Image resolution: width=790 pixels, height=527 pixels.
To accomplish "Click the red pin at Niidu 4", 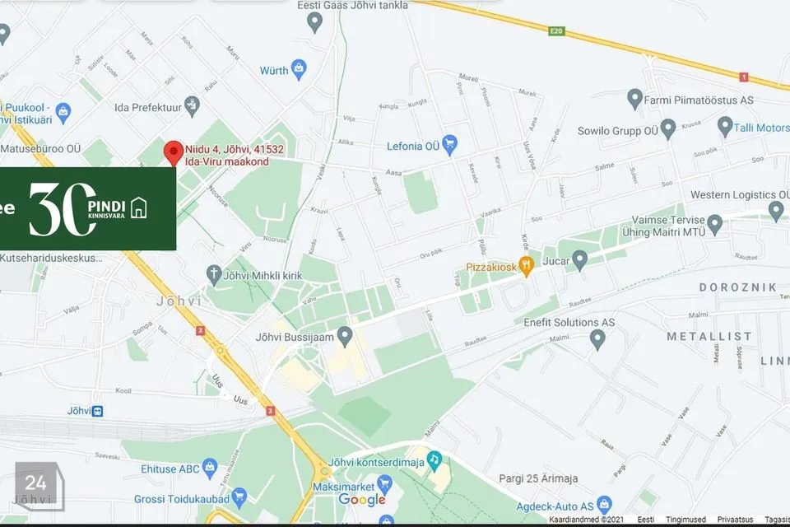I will pyautogui.click(x=173, y=152).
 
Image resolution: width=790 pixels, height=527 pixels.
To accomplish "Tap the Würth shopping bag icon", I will pyautogui.click(x=299, y=67).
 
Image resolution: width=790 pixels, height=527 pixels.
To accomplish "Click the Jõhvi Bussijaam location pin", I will pyautogui.click(x=346, y=334).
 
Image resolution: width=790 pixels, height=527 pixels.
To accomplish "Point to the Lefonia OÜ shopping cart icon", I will pyautogui.click(x=449, y=145).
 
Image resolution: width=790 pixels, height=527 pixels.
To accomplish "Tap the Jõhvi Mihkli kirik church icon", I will pyautogui.click(x=214, y=273).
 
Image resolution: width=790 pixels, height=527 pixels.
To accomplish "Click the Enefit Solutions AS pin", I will pyautogui.click(x=598, y=338).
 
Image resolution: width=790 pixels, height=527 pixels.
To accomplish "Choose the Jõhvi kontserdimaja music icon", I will pyautogui.click(x=434, y=459).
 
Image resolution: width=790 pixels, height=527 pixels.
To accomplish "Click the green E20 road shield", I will pyautogui.click(x=558, y=30).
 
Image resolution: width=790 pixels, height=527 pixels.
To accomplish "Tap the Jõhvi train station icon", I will pyautogui.click(x=98, y=410).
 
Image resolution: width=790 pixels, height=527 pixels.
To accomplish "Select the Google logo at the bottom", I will pyautogui.click(x=362, y=500).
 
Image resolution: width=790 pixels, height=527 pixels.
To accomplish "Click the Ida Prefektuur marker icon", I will pyautogui.click(x=192, y=105).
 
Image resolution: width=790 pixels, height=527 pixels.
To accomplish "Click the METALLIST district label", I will pyautogui.click(x=709, y=336).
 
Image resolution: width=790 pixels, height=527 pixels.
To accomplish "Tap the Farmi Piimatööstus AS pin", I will pyautogui.click(x=634, y=100).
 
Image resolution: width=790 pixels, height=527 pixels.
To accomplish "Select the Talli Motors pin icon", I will pyautogui.click(x=725, y=127).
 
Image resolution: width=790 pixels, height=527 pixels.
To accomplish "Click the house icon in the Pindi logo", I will pyautogui.click(x=138, y=208).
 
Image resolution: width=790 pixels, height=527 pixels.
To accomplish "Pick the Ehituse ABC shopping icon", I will pyautogui.click(x=211, y=469).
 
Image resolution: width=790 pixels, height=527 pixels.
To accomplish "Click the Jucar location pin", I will pyautogui.click(x=580, y=261).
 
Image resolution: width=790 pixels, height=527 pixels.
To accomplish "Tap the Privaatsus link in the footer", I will pyautogui.click(x=735, y=520).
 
